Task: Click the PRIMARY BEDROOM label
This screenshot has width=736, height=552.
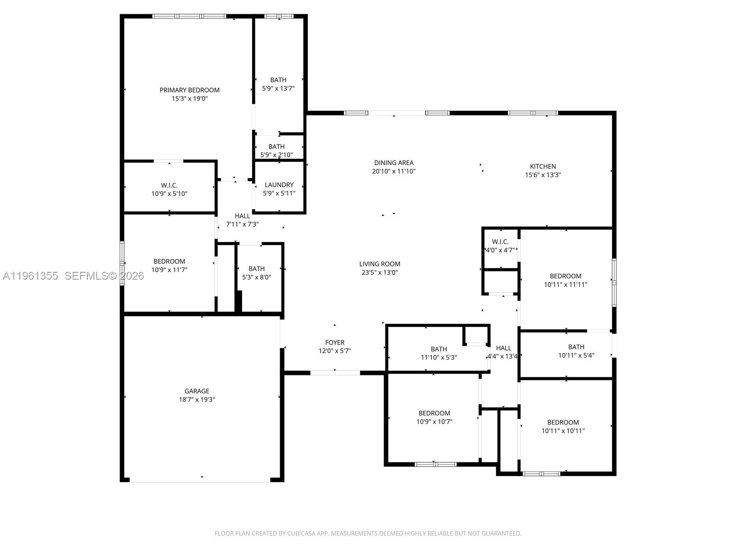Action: (190, 90)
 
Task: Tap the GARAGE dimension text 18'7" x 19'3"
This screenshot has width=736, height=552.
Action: (197, 400)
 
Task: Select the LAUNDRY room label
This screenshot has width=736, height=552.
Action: (279, 185)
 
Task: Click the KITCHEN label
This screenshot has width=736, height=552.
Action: (543, 167)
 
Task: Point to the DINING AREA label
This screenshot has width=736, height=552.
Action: (394, 163)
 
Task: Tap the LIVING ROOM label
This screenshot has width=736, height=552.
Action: (379, 264)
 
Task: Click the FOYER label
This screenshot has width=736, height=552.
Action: (335, 343)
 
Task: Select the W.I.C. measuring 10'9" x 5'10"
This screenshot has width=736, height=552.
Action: (169, 190)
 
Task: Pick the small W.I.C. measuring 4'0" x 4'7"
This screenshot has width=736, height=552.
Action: (500, 246)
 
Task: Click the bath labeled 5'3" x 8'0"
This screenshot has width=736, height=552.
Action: (257, 273)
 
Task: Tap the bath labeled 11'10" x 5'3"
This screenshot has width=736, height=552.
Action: (439, 353)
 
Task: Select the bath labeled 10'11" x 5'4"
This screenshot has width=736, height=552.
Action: (576, 351)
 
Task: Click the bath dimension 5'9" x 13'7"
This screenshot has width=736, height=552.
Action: (278, 88)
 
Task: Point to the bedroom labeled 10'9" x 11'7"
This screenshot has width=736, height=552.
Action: (169, 266)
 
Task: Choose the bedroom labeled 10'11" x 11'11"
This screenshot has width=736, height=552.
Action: (565, 280)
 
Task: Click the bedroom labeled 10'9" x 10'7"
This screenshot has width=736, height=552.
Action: (434, 417)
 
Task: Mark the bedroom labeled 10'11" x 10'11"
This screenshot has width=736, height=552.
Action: (563, 427)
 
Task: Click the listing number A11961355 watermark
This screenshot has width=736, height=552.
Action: (30, 276)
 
